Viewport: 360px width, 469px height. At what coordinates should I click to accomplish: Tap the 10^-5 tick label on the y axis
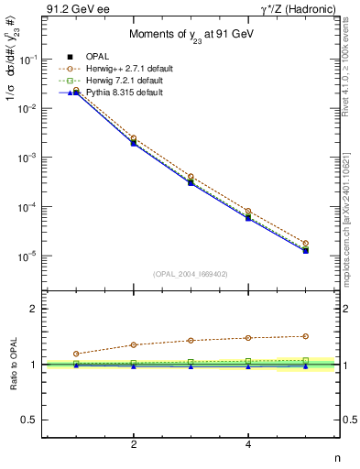pos(30,256)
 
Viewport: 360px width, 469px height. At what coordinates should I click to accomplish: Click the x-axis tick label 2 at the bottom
pos(134,445)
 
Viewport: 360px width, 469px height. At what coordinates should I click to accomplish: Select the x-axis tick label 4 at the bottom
pos(248,445)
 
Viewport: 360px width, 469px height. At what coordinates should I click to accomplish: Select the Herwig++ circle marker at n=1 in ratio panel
pos(76,354)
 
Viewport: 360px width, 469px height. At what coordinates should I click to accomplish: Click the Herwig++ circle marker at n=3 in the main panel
pos(191,177)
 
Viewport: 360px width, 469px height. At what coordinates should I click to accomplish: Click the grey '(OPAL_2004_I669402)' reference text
pos(191,274)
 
